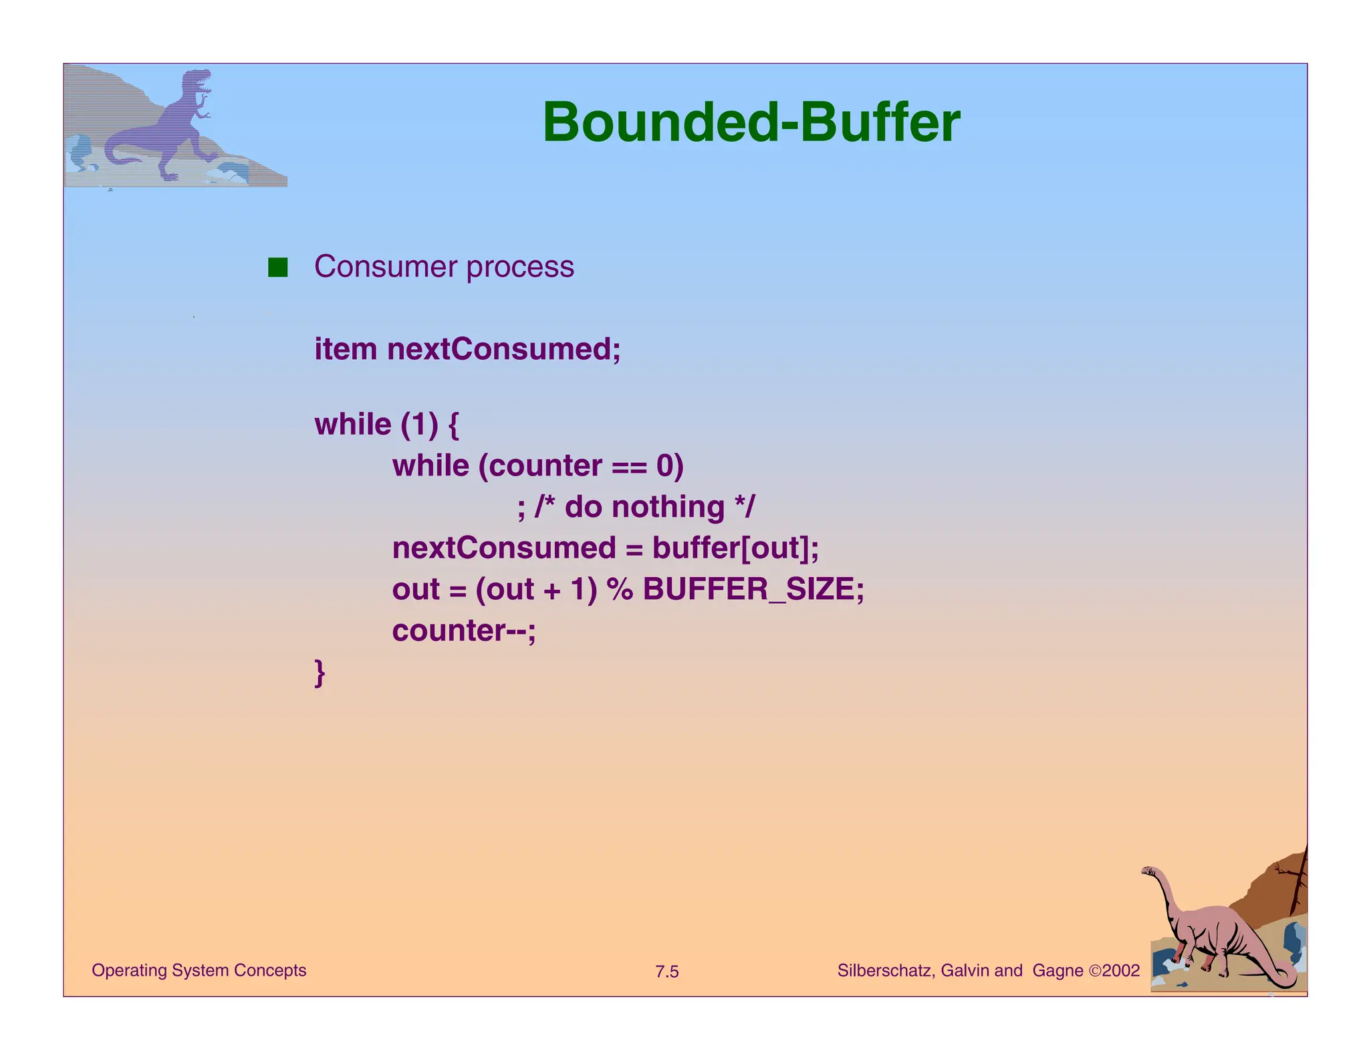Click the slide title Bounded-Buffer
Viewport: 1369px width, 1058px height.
(x=751, y=122)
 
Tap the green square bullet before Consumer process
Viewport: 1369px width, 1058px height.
(x=277, y=267)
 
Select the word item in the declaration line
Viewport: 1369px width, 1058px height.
(x=345, y=349)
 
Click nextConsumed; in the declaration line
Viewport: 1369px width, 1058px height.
(x=504, y=349)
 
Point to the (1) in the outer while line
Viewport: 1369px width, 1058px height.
(x=419, y=425)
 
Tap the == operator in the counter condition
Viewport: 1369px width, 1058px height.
(x=629, y=466)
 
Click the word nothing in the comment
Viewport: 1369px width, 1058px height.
(x=668, y=507)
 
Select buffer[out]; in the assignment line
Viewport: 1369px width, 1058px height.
(x=735, y=548)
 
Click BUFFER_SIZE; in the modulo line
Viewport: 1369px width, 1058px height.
(x=753, y=590)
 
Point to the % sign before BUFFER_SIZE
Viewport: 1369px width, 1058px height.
(x=620, y=590)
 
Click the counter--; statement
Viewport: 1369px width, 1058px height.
(x=464, y=631)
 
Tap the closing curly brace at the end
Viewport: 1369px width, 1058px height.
(x=320, y=672)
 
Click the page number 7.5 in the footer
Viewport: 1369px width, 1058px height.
(x=666, y=972)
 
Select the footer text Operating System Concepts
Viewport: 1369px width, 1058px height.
(x=199, y=970)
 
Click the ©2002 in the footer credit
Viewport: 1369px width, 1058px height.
(x=1114, y=970)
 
